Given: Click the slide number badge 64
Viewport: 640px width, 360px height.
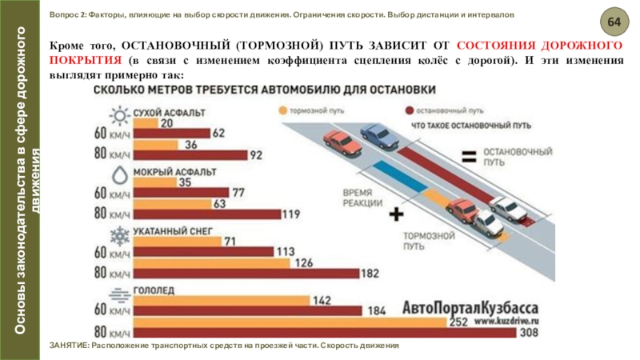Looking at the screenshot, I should point(613,19).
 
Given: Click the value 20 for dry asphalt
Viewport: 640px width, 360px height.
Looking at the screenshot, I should point(166,122).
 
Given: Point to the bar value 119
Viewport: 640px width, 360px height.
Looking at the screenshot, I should point(291,214).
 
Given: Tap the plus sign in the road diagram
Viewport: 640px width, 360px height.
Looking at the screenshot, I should point(394,215).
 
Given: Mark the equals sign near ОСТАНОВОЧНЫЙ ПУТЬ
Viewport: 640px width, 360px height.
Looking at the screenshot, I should point(469,154).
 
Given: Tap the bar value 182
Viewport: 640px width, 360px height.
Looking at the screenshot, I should point(370,273).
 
